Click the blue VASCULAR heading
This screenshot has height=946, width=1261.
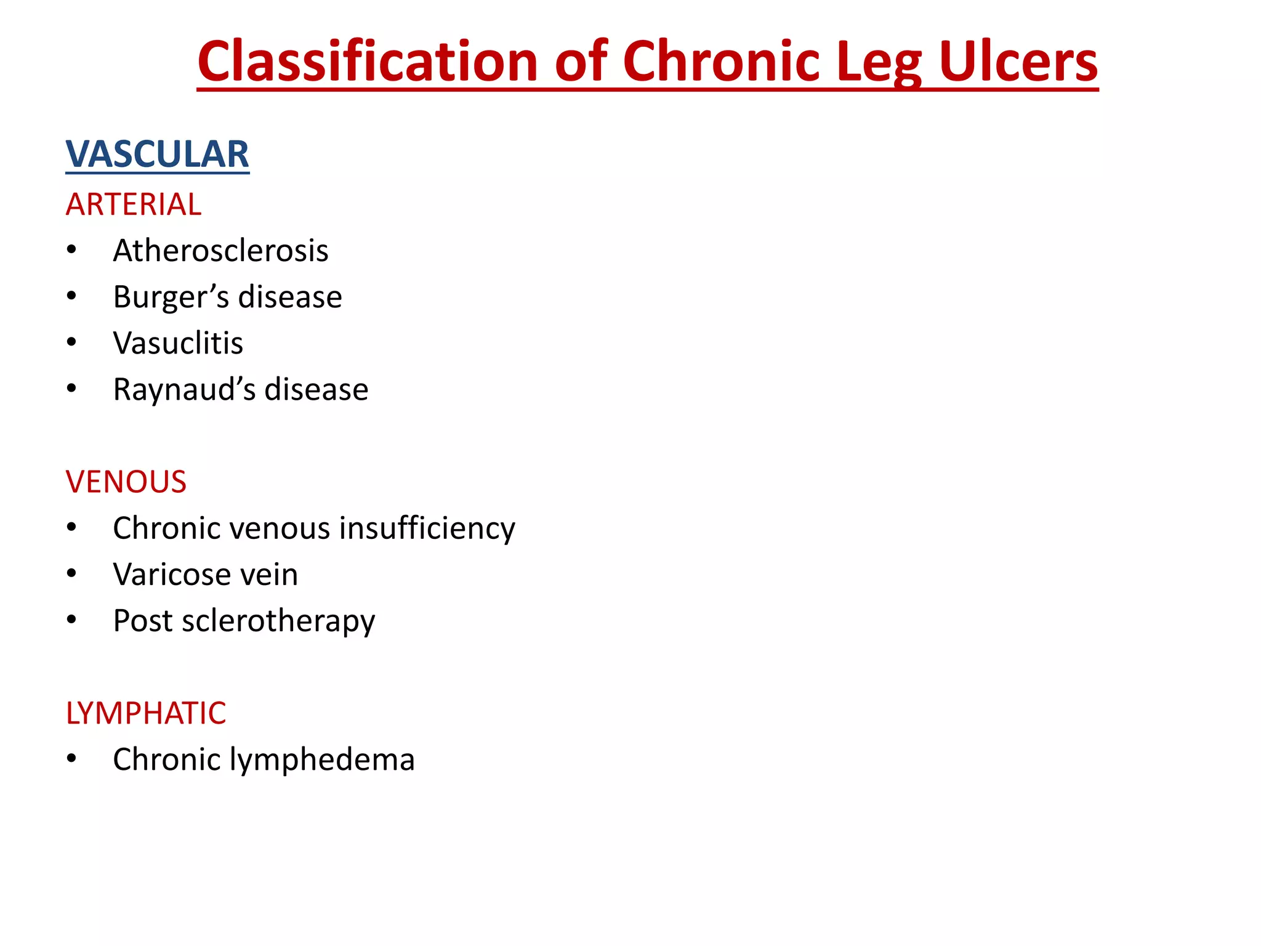[157, 154]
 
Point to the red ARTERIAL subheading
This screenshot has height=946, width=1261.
[134, 204]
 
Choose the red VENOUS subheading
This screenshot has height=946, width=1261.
[126, 482]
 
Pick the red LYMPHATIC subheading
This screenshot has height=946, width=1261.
[146, 713]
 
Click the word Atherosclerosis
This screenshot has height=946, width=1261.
[220, 251]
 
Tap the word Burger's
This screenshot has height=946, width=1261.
[171, 297]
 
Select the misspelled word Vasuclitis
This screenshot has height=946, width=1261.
[178, 343]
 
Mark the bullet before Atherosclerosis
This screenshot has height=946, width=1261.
[72, 250]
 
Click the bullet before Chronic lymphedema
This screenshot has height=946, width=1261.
[72, 759]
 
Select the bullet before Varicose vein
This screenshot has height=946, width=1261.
[72, 574]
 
